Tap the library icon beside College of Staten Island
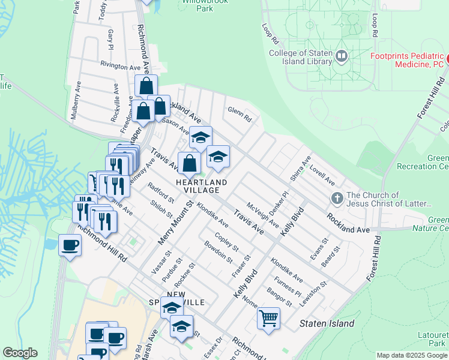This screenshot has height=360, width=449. point(342,56)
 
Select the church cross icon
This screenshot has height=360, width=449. point(337,199)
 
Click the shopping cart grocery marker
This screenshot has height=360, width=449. point(268,317)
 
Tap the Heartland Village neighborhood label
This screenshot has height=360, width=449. point(202,186)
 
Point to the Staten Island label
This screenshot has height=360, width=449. point(327,323)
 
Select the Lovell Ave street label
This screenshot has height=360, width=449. point(322,175)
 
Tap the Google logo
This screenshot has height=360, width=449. point(20,353)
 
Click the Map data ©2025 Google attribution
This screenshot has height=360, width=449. point(412,355)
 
